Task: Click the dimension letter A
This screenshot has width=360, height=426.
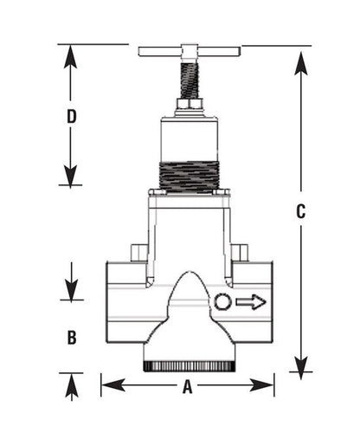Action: coord(187,389)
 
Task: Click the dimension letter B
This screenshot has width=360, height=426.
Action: coord(73,337)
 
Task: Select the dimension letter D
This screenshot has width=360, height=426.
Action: coord(73,116)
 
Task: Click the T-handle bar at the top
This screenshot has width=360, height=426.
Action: coord(188,51)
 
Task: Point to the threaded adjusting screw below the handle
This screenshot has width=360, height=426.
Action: coord(188,79)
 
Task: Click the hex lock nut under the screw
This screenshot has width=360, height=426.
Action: coord(188,105)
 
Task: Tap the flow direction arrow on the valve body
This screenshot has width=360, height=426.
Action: coord(251,302)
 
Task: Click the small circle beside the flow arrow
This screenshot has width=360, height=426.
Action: coord(222,302)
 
